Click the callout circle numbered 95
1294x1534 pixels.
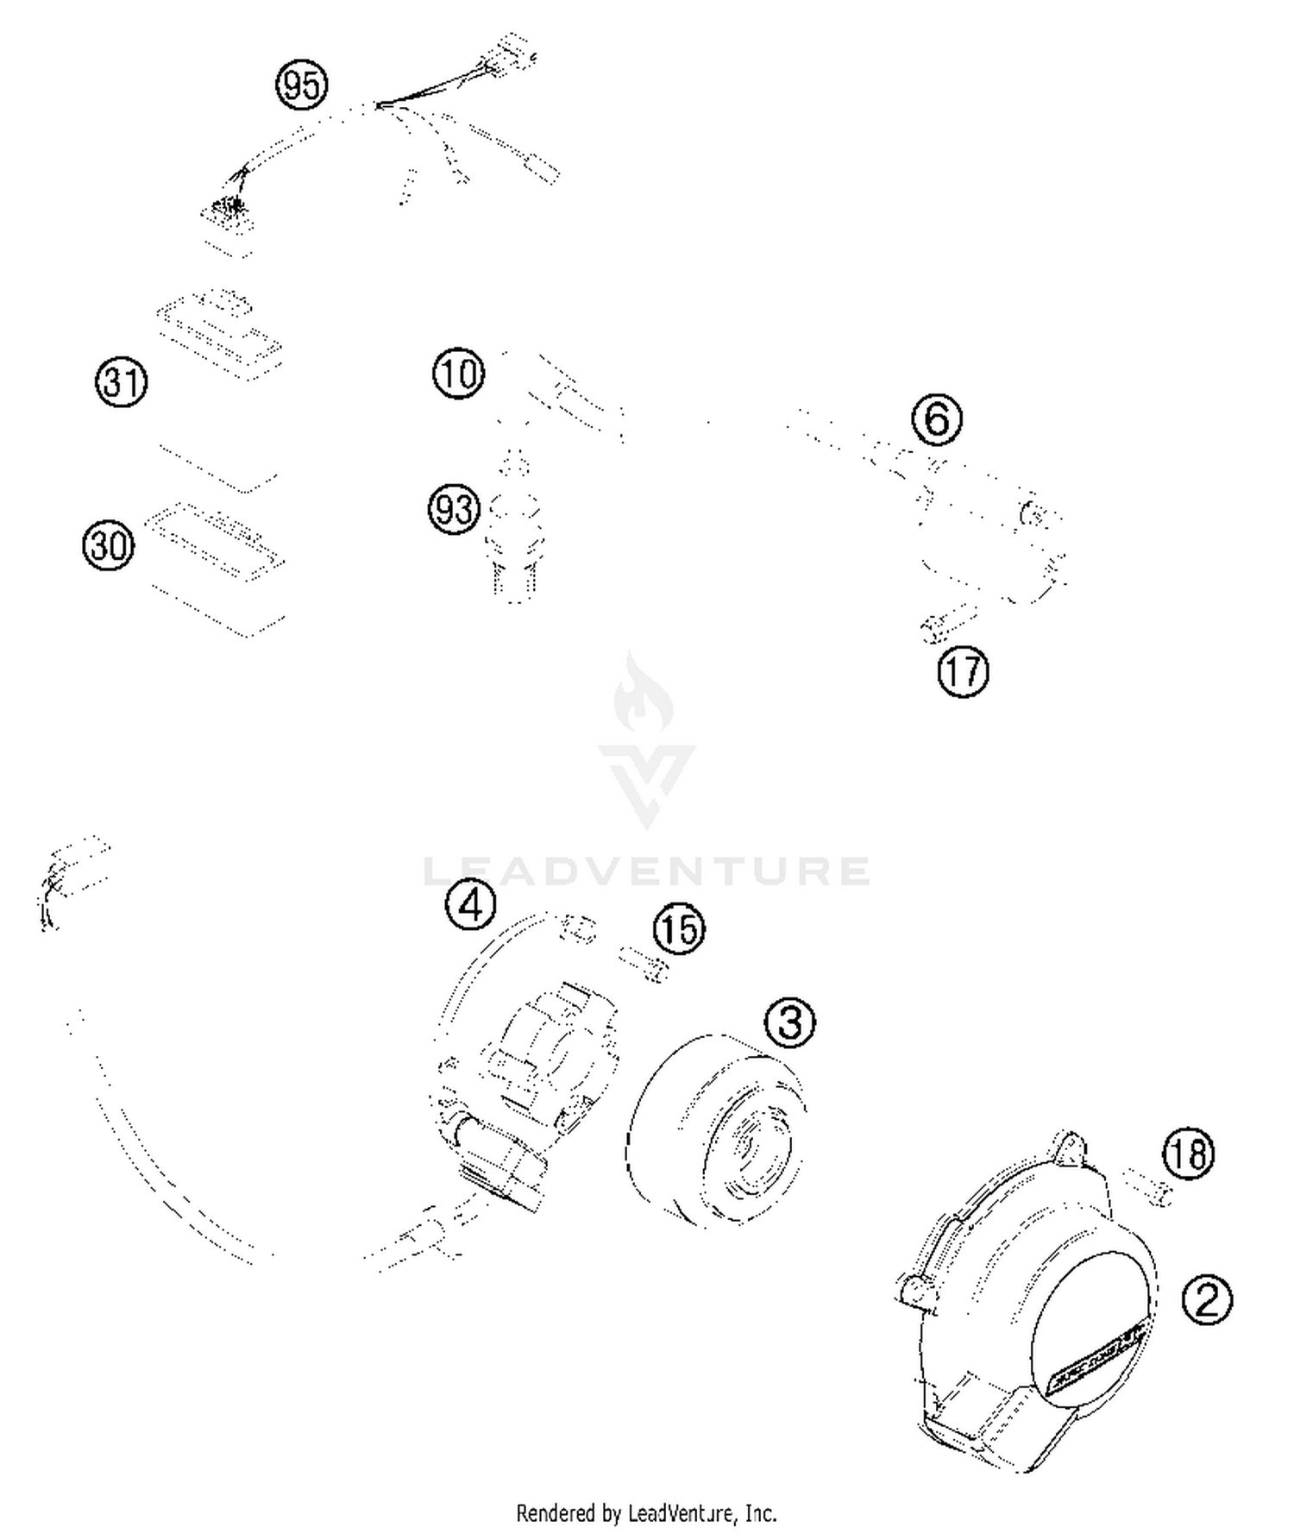pos(302,85)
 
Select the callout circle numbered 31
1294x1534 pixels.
pos(121,382)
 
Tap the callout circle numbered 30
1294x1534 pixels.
pos(109,545)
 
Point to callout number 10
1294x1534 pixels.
pos(458,374)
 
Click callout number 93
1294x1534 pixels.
pos(454,509)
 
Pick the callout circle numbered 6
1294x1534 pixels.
pos(937,419)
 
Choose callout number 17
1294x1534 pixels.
pos(963,671)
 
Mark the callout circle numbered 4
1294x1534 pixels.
pos(470,904)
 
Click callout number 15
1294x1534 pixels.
pos(679,929)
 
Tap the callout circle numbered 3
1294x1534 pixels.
pos(789,1022)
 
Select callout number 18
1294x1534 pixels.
pos(1188,1154)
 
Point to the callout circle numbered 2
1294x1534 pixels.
pos(1207,1299)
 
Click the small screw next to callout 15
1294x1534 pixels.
pos(644,964)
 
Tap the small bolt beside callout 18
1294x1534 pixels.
pos(1150,1187)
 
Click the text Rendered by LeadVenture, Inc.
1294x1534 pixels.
pos(646,1513)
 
